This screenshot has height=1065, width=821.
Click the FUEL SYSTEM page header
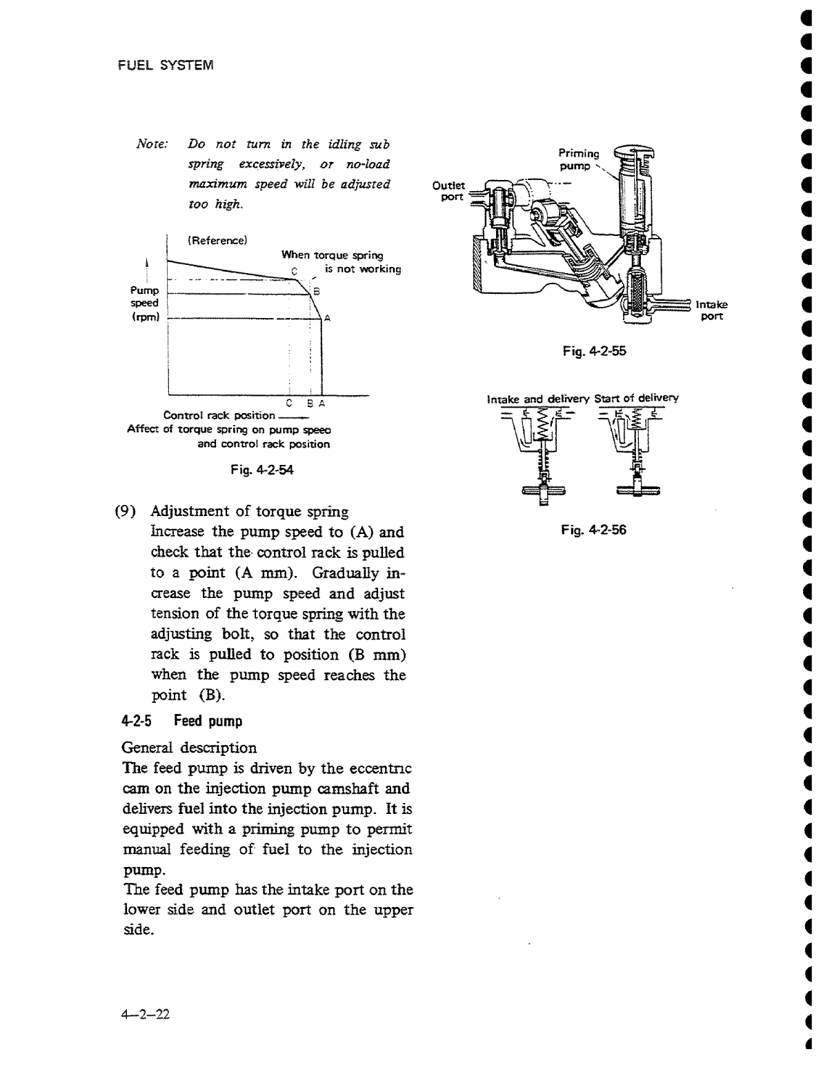[x=166, y=66]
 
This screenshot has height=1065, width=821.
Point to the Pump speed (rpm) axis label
[x=146, y=303]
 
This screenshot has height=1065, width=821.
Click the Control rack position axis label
[x=219, y=415]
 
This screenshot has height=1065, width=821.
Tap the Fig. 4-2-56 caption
[x=594, y=530]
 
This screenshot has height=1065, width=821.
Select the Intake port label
[x=711, y=310]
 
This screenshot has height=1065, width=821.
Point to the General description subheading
[x=189, y=748]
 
